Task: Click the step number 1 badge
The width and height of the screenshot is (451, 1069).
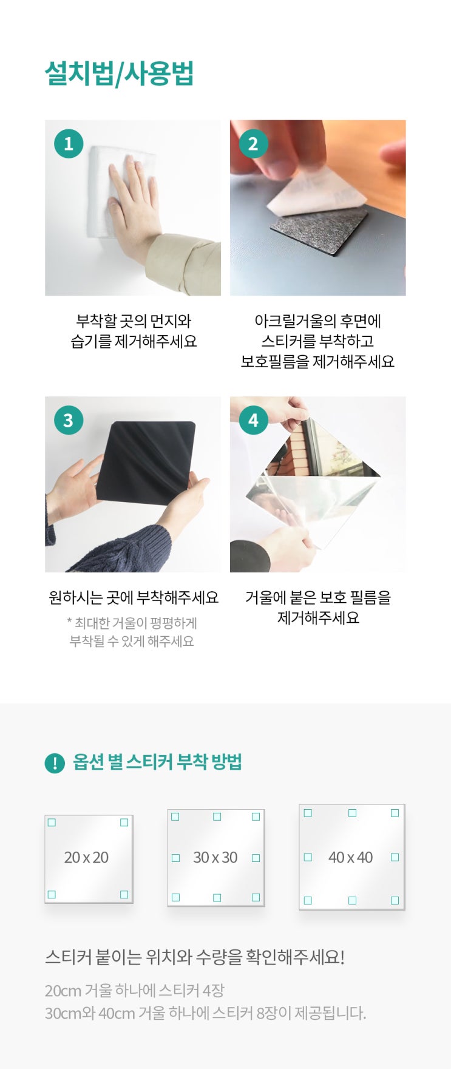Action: [x=69, y=143]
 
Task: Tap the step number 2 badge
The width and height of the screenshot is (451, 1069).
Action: [x=253, y=143]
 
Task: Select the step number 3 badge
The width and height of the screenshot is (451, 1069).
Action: [x=69, y=420]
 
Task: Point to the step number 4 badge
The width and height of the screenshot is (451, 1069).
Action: [x=253, y=420]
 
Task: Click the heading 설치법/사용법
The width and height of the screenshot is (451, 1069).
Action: [x=119, y=73]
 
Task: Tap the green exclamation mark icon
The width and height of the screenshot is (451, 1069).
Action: [x=55, y=763]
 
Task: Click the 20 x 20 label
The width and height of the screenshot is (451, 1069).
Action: [x=86, y=857]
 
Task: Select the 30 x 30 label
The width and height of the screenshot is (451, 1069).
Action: [x=215, y=857]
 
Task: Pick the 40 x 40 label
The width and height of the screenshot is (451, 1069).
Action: [x=350, y=857]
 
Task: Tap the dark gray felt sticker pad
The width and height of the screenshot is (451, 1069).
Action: [x=319, y=229]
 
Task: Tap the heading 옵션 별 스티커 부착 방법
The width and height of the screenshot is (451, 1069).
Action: [x=157, y=762]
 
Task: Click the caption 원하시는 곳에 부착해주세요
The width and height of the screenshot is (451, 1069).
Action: [x=134, y=597]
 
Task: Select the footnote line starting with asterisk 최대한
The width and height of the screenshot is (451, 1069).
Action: [x=132, y=623]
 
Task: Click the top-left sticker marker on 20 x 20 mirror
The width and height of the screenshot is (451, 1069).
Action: [x=52, y=823]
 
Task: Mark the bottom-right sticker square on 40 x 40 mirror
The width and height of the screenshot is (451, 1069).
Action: [x=395, y=900]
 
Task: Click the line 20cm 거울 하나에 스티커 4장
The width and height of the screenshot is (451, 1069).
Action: [x=135, y=991]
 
